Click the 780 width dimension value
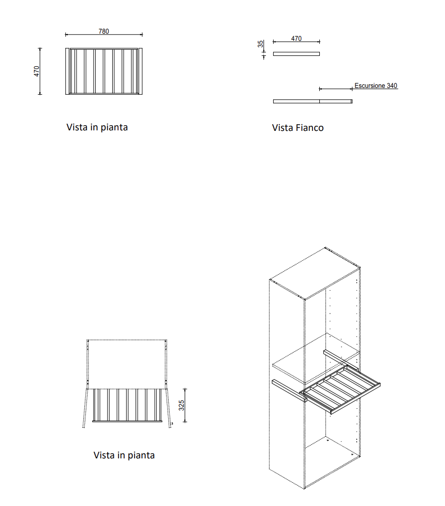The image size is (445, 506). click(103, 31)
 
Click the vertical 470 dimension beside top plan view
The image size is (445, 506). click(37, 71)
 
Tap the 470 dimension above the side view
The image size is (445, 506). click(296, 38)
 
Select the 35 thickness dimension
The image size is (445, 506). click(261, 44)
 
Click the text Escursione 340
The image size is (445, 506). click(376, 86)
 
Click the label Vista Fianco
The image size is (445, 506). click(298, 128)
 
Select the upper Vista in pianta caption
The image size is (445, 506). click(97, 127)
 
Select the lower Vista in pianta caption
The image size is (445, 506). click(124, 455)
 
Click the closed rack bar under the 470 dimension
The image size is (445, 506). click(296, 54)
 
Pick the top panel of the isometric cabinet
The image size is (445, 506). click(314, 274)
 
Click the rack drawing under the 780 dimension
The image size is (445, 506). click(103, 71)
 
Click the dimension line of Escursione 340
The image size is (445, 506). click(335, 89)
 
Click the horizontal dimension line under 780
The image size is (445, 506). click(103, 35)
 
